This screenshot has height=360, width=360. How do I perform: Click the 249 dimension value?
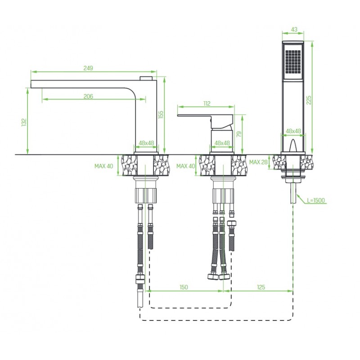(x=88, y=68)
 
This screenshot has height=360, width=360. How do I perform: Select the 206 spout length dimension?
(x=88, y=96)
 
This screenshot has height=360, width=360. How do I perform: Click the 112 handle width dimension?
(x=207, y=104)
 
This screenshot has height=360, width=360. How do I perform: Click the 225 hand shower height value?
(x=309, y=99)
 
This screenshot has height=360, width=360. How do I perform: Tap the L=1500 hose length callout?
(x=316, y=200)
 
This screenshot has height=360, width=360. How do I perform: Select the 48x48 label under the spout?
(x=146, y=143)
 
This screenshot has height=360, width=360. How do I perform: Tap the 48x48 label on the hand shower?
(x=293, y=131)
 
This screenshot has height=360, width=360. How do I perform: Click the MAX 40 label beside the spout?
(x=104, y=166)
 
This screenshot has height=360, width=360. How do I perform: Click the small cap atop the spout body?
(x=147, y=79)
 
